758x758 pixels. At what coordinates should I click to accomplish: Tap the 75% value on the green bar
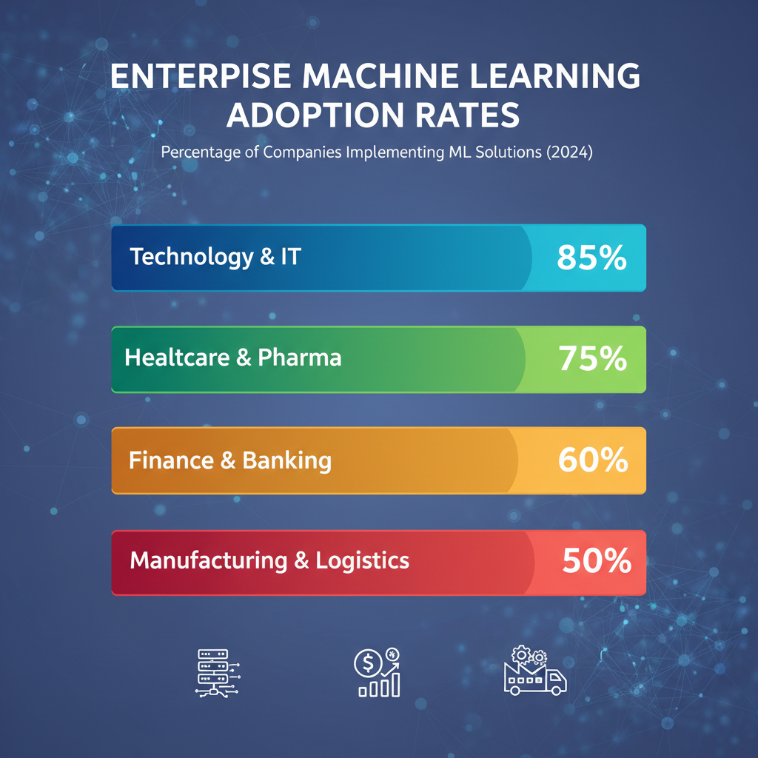point(592,359)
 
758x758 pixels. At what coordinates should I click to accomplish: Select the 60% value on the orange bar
point(592,460)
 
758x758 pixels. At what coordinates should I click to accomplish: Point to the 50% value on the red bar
point(596,562)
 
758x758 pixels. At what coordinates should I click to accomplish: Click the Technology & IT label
point(215,258)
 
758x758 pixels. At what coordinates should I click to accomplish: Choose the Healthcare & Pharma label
point(232,358)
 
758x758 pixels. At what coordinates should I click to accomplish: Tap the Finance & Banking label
point(229,460)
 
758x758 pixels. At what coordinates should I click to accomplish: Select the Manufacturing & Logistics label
point(269,560)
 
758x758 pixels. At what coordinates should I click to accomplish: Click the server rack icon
point(215,671)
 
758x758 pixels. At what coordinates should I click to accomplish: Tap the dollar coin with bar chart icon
point(378,671)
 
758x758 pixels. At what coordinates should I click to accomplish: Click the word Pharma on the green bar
point(300,358)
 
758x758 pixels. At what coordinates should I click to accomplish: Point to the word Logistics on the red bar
point(362,560)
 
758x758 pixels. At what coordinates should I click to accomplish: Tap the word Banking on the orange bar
point(286,460)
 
